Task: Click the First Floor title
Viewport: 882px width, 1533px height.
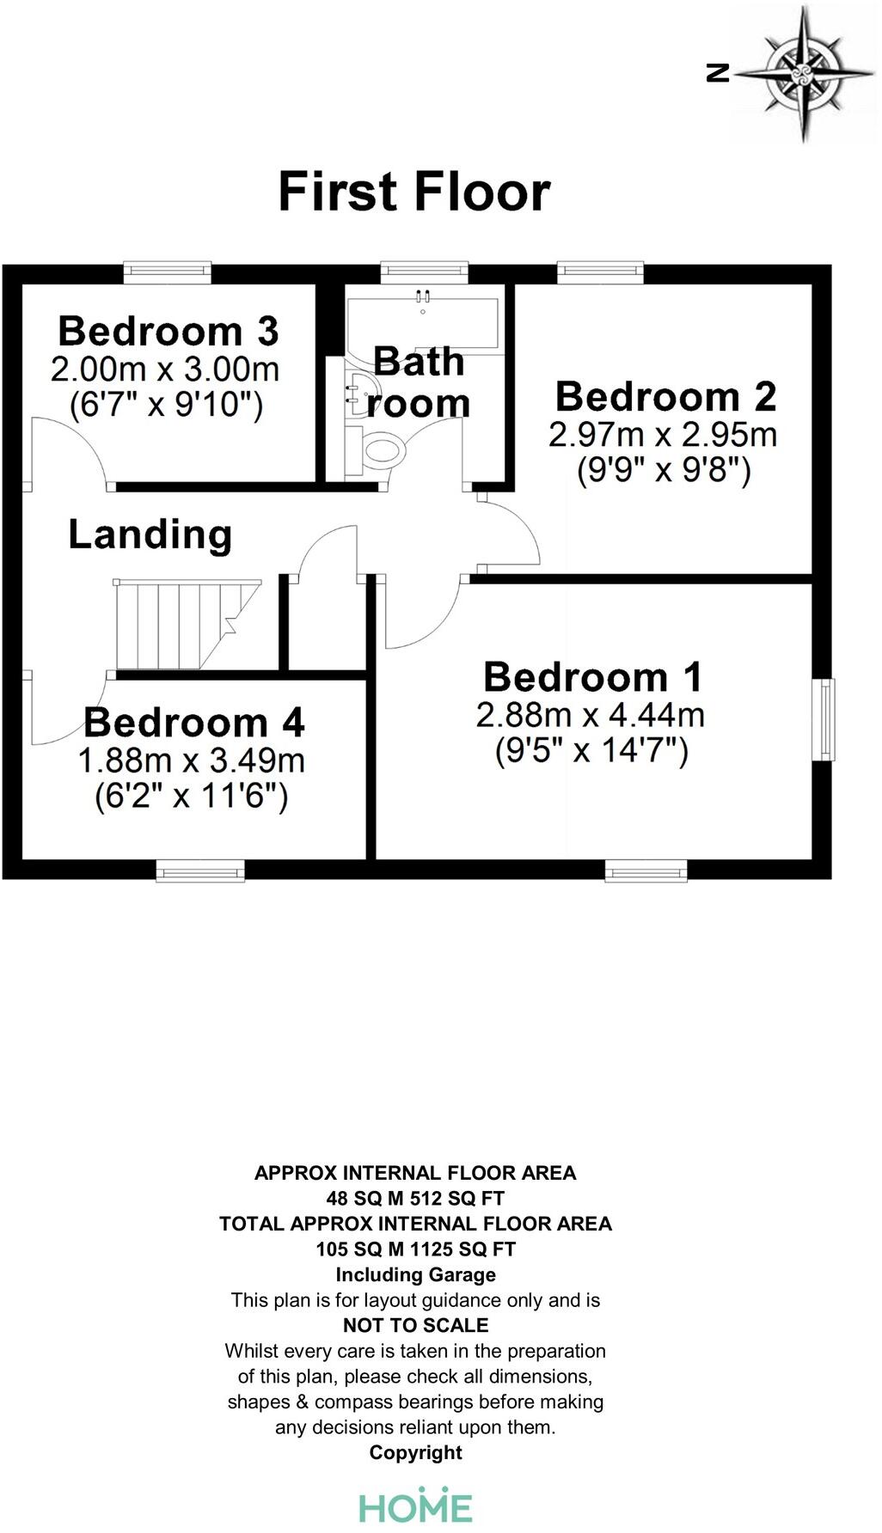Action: click(413, 192)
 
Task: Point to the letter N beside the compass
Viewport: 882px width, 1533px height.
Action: click(718, 73)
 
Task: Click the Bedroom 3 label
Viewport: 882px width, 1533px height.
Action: click(168, 332)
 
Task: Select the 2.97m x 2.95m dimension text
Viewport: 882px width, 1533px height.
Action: click(662, 434)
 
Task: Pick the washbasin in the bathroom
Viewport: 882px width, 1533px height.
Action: click(360, 392)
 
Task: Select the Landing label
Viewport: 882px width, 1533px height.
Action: click(150, 534)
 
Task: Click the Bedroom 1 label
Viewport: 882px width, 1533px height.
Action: click(592, 677)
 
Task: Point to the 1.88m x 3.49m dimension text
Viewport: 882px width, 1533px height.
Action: click(191, 760)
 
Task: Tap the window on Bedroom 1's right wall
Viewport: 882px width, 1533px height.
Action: click(823, 719)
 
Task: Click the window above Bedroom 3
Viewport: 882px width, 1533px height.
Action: click(168, 272)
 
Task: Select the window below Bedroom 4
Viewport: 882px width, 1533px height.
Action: click(200, 871)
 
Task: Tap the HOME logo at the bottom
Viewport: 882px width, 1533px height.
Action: click(415, 1506)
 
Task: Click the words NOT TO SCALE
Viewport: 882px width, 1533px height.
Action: click(415, 1325)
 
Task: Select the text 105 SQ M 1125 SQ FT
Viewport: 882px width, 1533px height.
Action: click(415, 1249)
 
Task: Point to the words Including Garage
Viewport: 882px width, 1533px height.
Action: click(415, 1274)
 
